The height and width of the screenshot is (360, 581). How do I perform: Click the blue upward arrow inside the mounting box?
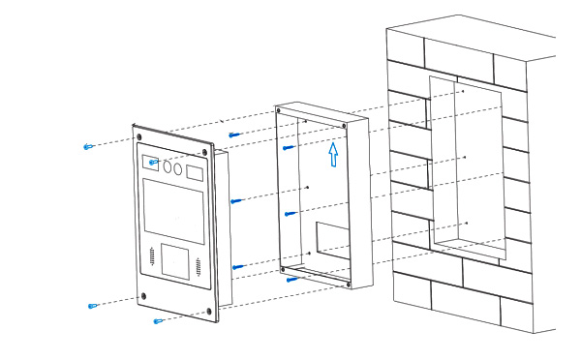click(x=333, y=154)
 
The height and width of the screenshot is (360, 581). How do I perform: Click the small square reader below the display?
click(x=176, y=260)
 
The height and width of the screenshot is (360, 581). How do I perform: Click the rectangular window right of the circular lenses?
click(x=196, y=175)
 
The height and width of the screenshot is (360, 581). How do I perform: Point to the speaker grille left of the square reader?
click(x=152, y=256)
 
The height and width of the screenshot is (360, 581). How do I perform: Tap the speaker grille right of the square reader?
click(x=200, y=267)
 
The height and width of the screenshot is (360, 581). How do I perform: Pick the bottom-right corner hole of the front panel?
click(x=208, y=312)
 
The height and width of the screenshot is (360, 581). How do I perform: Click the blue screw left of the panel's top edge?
click(x=89, y=147)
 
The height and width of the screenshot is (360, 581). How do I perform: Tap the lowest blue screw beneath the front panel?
click(x=158, y=321)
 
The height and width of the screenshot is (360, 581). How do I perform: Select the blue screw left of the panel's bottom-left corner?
click(x=93, y=306)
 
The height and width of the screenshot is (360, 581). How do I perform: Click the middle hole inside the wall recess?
click(x=466, y=157)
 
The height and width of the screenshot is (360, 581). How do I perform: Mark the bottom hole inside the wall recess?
click(x=467, y=224)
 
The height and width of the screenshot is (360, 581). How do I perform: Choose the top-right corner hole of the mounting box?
click(x=346, y=125)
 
